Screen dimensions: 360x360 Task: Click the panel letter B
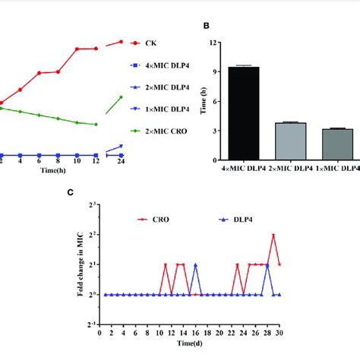click(207, 26)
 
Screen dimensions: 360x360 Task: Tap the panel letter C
click(71, 193)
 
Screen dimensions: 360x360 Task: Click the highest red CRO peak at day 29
click(273, 235)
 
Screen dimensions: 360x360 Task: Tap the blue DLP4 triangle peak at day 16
click(195, 265)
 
